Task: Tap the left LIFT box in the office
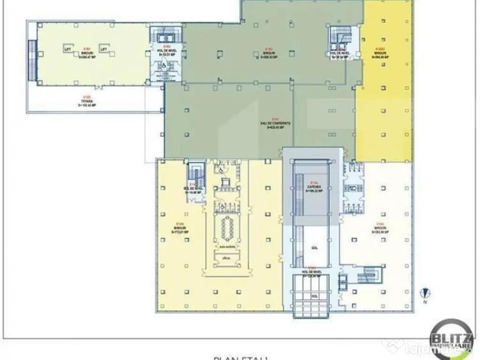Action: coord(66,49)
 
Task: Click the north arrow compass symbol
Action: coord(422,295)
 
